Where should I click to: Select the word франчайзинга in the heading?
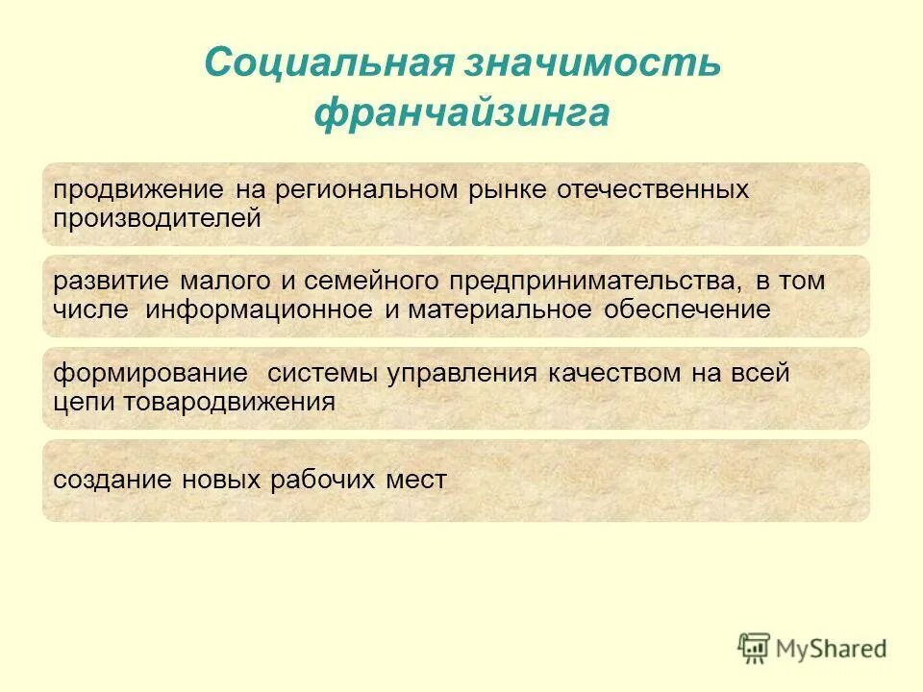[x=461, y=113]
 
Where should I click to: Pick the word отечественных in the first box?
[x=653, y=189]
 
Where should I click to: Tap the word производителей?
[x=157, y=218]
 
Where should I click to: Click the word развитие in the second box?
[x=112, y=282]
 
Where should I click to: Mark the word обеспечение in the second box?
[x=687, y=310]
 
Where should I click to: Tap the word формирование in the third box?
[x=149, y=374]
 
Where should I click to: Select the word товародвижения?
[x=230, y=403]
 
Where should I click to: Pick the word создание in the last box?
[x=112, y=480]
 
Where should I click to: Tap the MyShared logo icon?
[x=755, y=648]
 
